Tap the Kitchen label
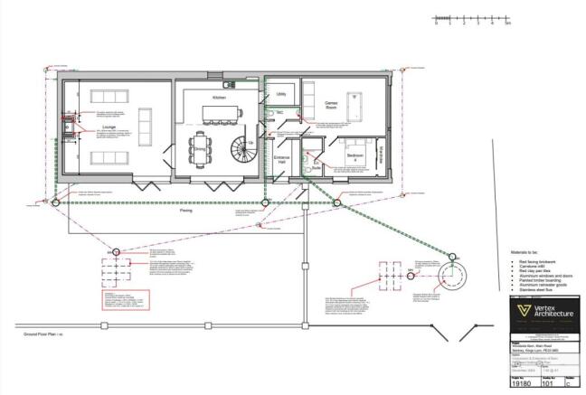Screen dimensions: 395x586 coord(219,97)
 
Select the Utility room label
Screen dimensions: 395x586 coord(280,94)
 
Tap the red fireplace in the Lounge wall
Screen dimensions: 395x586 coord(67,127)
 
